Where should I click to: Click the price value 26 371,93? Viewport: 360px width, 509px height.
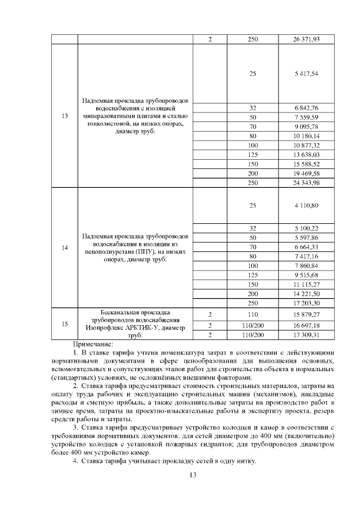click(x=307, y=39)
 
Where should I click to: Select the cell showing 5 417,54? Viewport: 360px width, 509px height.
click(x=307, y=74)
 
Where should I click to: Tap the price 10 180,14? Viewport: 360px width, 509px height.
click(x=307, y=136)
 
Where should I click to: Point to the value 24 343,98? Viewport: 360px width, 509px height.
click(x=307, y=183)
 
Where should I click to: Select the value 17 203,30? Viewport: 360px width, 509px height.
click(x=307, y=303)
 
